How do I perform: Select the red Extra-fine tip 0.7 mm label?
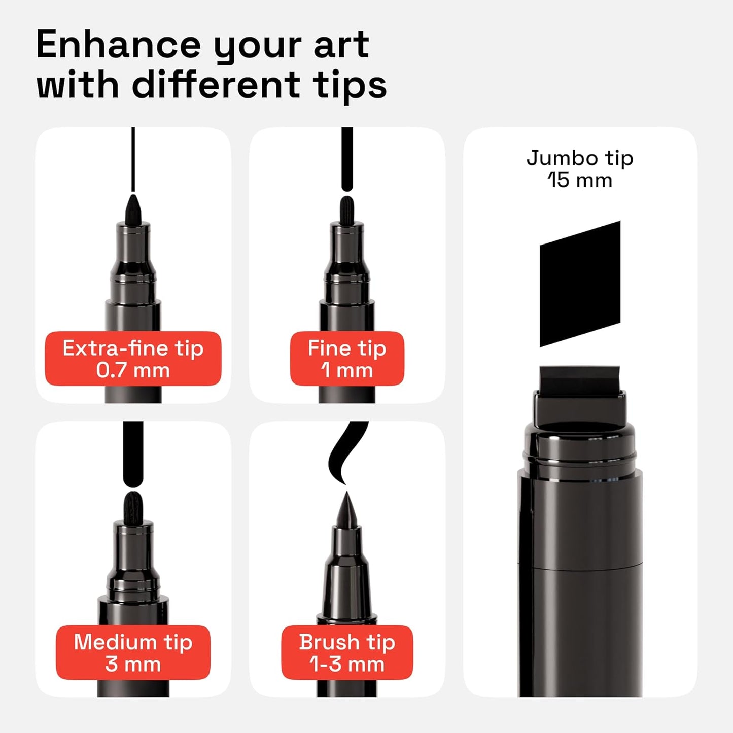tap(133, 359)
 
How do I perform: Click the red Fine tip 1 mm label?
tap(347, 359)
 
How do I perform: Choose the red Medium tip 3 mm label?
tap(133, 652)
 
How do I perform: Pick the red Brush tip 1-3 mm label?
tap(347, 652)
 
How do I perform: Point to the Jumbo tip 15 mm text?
tap(580, 169)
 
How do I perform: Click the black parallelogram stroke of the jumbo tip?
tap(580, 284)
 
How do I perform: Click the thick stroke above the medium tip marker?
tap(133, 452)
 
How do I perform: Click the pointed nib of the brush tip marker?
tap(347, 510)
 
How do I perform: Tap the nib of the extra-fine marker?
tap(133, 209)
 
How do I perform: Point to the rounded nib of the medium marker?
tap(133, 507)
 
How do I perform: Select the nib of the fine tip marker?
tap(347, 209)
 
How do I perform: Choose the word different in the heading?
tap(216, 85)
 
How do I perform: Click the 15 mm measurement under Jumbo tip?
tap(580, 181)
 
